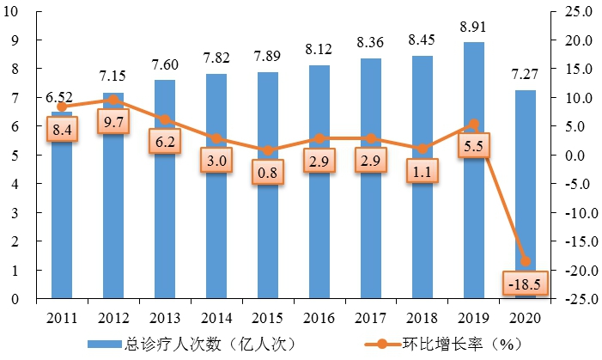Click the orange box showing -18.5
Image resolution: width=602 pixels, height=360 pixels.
coord(525,283)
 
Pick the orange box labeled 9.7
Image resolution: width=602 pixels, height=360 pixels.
coord(113,123)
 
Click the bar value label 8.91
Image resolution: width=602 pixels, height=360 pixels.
coord(473,27)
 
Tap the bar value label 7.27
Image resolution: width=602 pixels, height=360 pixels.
coord(525,75)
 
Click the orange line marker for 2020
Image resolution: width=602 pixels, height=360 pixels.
coord(525,261)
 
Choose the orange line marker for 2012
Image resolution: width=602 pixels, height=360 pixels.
coord(113,100)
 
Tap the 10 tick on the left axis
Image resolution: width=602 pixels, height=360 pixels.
coord(16,12)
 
